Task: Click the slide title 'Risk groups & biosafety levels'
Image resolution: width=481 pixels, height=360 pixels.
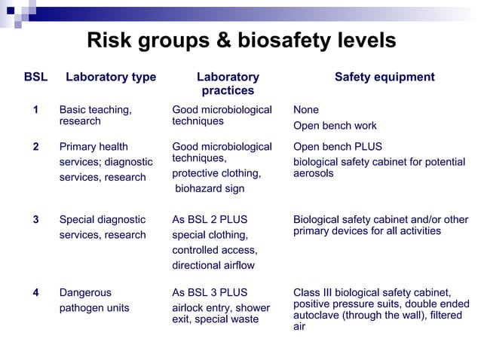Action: pos(241,40)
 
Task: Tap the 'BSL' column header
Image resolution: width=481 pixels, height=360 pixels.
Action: pos(35,77)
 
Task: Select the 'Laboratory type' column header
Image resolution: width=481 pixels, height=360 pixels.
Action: pos(111,77)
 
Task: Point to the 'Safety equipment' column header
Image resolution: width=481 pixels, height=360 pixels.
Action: pos(384,77)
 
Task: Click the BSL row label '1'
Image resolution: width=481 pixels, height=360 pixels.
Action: pos(35,110)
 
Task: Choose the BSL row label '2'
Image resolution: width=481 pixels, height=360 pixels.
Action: pos(35,146)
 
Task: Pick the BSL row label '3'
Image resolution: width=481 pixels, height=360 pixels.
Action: pos(35,220)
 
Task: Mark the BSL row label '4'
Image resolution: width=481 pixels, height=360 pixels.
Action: pos(35,292)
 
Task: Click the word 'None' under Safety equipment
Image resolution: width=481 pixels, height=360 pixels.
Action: pos(306,110)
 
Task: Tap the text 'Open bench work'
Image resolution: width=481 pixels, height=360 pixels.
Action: pos(335,126)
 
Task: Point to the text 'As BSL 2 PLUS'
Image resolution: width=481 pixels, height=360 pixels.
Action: pos(210,220)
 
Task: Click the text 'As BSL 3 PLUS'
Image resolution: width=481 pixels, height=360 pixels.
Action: pos(210,292)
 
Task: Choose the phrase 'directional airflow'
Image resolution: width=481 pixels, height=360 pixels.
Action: pos(213,265)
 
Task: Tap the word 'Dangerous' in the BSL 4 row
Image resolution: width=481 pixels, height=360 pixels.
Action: pos(85,292)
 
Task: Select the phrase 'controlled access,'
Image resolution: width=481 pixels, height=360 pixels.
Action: pos(215,250)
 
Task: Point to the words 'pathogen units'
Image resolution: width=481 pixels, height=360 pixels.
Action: pos(94,307)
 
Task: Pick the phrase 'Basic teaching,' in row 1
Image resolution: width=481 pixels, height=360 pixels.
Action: pos(95,110)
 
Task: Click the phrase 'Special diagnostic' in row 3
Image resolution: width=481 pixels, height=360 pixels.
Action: pos(103,220)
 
